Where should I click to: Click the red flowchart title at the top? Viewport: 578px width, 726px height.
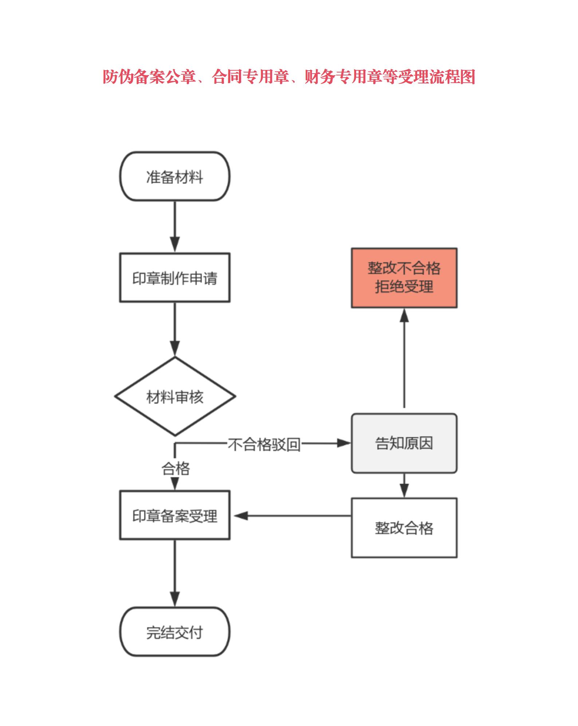click(x=289, y=77)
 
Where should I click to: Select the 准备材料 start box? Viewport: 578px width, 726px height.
click(x=175, y=177)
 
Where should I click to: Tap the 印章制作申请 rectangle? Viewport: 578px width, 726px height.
click(x=175, y=278)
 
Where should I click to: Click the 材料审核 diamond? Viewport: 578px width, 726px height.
click(x=175, y=396)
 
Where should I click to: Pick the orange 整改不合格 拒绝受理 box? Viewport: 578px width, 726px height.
click(x=404, y=278)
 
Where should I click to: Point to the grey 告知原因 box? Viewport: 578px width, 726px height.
click(x=404, y=443)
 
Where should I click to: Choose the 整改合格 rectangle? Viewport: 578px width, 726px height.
click(x=404, y=528)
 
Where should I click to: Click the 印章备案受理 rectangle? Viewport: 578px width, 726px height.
click(x=175, y=515)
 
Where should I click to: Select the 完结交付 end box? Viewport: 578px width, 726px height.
click(x=175, y=633)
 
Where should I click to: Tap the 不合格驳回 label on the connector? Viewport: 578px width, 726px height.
click(x=264, y=444)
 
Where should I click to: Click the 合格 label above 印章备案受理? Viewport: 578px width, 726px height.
click(x=176, y=468)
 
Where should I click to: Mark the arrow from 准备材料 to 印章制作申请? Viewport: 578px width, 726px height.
click(x=175, y=226)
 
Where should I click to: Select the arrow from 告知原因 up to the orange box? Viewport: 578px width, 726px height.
click(x=404, y=359)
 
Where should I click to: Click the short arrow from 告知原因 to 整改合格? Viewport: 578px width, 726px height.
click(x=404, y=486)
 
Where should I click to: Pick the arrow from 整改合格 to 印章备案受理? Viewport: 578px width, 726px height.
click(x=291, y=516)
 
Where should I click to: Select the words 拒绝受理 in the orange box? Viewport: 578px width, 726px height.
click(x=404, y=287)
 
